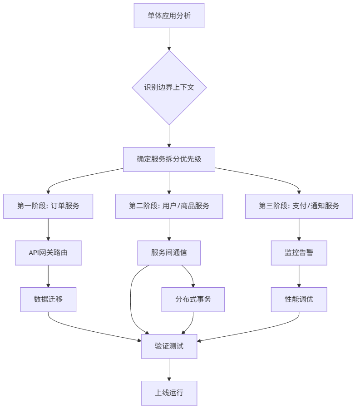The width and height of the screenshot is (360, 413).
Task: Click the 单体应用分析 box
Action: point(169,16)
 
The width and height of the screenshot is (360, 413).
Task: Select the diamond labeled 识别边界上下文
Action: point(169,87)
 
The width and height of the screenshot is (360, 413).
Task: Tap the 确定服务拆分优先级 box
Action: point(169,159)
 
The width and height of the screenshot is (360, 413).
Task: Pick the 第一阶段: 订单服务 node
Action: point(48,206)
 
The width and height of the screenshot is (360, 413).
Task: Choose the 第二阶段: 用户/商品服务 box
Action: point(169,206)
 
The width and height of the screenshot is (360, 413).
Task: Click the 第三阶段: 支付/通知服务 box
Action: point(299,206)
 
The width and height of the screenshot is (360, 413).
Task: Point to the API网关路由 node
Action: point(48,253)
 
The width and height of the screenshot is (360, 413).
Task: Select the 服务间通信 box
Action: point(169,253)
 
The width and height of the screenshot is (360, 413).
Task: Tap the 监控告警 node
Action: point(299,253)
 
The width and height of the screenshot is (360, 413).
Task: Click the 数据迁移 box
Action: point(48,300)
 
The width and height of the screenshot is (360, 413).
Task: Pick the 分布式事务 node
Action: point(193,300)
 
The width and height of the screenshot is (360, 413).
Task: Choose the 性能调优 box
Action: point(299,300)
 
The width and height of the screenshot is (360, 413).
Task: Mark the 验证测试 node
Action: point(169,346)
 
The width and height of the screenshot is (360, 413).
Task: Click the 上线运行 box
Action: point(169,393)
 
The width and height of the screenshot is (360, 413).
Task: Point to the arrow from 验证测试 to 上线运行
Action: point(169,369)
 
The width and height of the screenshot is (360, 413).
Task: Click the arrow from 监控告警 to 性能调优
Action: point(299,276)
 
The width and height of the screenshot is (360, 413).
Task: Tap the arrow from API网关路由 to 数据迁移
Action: point(48,276)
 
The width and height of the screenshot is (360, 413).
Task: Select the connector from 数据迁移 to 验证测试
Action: point(91,332)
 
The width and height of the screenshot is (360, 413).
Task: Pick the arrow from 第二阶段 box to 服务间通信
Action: point(169,229)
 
